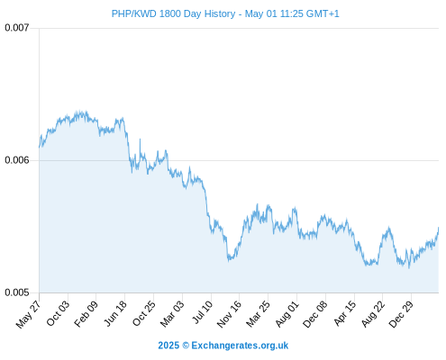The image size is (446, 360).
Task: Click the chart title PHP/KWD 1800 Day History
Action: [x=173, y=13]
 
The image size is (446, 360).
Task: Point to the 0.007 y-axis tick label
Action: [x=17, y=28]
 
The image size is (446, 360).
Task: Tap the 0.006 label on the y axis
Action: [x=17, y=160]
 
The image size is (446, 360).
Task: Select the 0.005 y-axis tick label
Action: [x=17, y=292]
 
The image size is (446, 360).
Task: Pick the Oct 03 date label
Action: [x=58, y=313]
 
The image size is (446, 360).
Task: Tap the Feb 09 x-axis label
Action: [x=86, y=313]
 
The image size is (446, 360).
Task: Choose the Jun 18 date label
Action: [x=115, y=313]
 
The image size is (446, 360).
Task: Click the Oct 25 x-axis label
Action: [x=144, y=313]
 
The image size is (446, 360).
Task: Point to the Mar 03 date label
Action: [x=172, y=313]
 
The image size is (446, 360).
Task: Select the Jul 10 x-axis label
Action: [x=203, y=312]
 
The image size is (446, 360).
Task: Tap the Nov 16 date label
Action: [x=229, y=314]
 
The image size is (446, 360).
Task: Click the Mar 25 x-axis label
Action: [x=258, y=313]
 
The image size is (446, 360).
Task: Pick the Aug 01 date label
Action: [x=287, y=313]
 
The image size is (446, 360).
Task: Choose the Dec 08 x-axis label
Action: [x=314, y=314]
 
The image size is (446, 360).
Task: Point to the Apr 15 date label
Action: [x=345, y=313]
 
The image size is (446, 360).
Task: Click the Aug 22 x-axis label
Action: [x=373, y=313]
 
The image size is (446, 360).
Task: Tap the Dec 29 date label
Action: [x=401, y=314]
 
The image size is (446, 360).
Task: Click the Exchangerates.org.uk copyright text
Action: [x=223, y=346]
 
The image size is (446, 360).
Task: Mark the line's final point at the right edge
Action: [x=439, y=228]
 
